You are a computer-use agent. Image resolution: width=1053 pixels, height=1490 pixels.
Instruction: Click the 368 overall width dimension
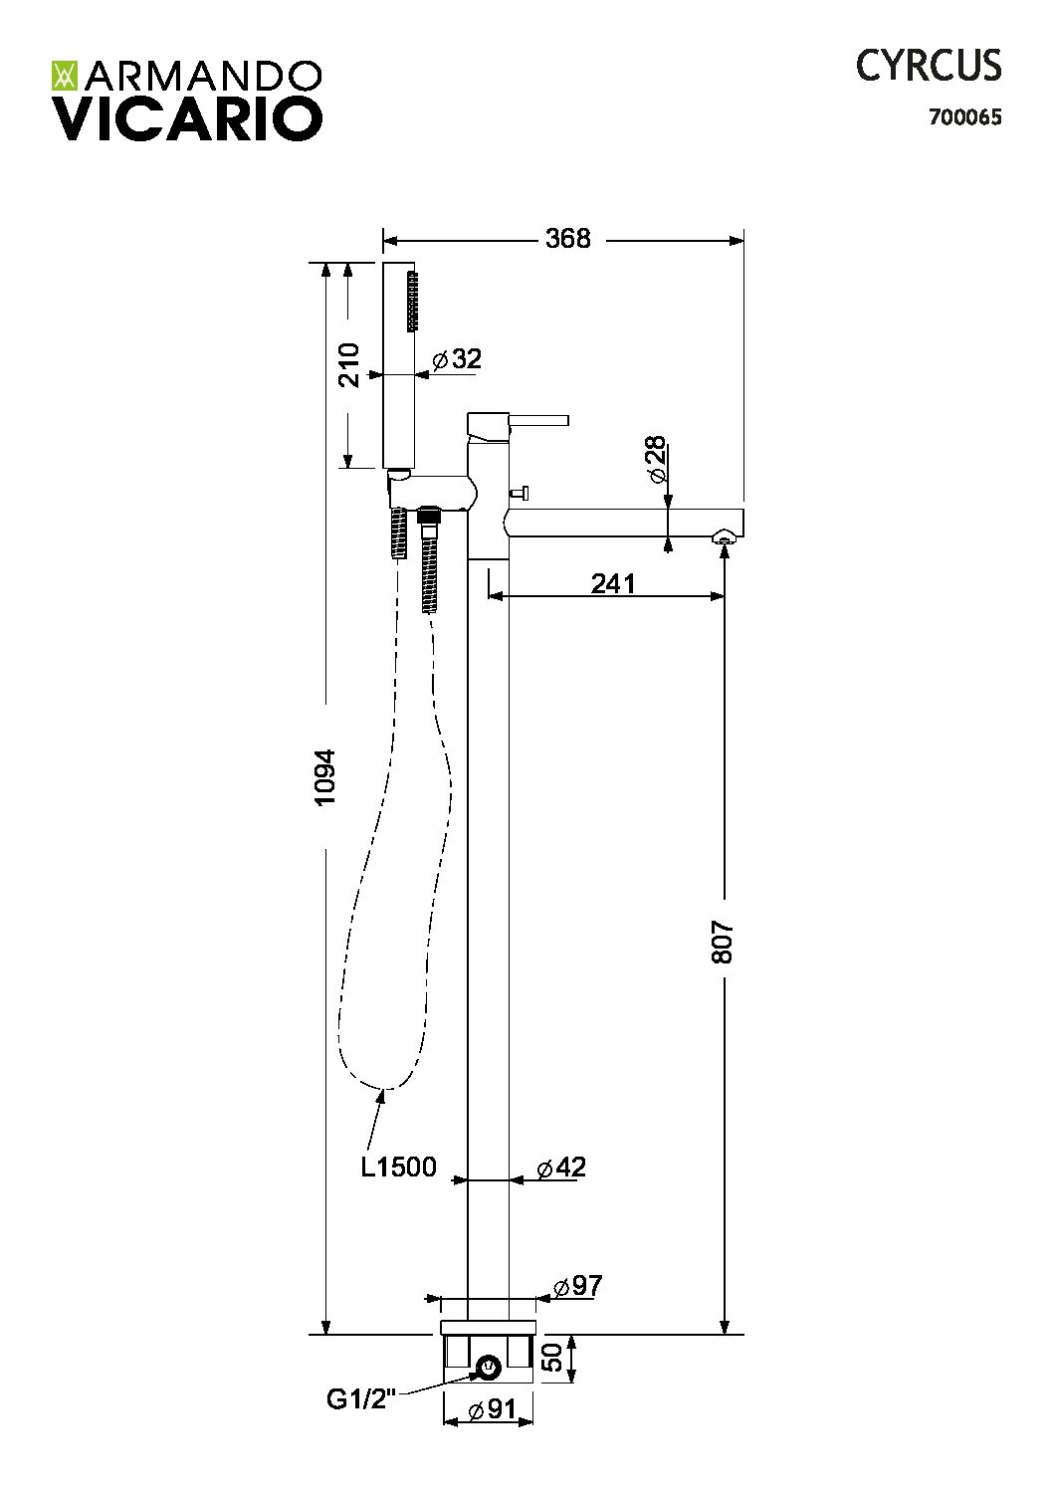567,239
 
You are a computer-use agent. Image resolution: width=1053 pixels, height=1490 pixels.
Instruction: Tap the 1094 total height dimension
325,777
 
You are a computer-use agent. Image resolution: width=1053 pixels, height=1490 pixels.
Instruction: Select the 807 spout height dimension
723,942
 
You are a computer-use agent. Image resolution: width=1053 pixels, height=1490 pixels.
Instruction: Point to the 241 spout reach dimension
613,584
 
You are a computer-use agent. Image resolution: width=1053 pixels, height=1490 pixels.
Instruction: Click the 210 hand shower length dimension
348,365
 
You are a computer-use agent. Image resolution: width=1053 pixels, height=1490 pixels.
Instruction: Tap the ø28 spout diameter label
655,459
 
